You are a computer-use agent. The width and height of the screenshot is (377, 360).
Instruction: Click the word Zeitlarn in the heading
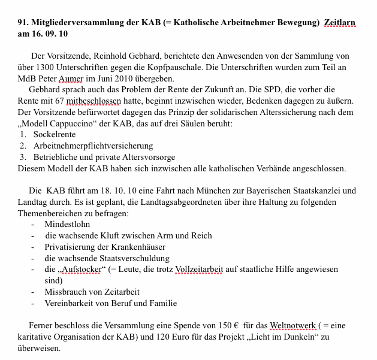(339, 23)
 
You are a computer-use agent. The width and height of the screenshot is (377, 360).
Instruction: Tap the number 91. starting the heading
(24, 23)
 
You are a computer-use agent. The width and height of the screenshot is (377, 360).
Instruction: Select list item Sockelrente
(55, 135)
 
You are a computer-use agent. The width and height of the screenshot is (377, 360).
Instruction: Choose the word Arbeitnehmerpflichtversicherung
(93, 146)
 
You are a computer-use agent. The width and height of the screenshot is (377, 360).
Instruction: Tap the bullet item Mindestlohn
(67, 224)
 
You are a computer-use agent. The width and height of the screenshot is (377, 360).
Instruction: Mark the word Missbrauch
(65, 292)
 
